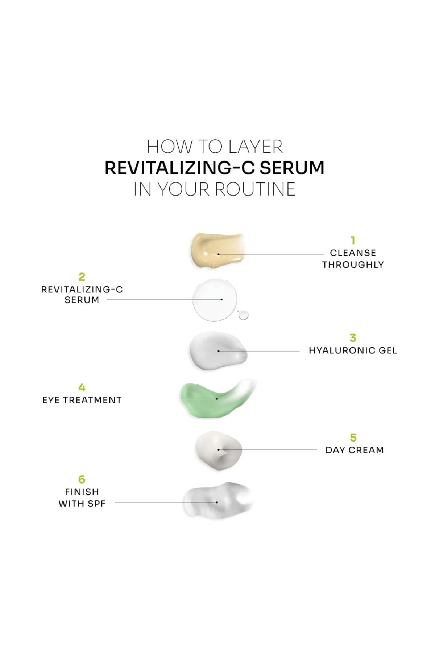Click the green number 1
coord(353,240)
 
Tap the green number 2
coord(82,277)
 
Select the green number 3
coord(353,338)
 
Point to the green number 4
coord(82,387)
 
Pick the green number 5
coord(353,438)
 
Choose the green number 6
coord(82,479)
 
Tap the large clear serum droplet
coord(215,300)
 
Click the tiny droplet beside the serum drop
coord(243,315)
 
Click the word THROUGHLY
coord(353,264)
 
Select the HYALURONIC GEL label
coord(353,350)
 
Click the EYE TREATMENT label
coord(82,400)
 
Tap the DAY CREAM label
coord(355,450)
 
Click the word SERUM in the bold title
coord(292,168)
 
